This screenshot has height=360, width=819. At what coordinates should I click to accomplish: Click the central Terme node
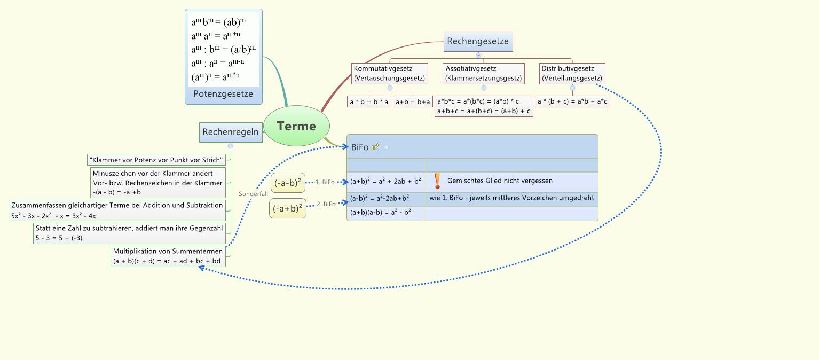coord(296,126)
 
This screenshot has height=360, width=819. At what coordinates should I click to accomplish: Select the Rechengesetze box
coord(478,41)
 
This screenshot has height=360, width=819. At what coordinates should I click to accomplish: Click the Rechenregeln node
coord(231,132)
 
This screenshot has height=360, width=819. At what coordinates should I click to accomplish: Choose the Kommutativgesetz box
coord(389,73)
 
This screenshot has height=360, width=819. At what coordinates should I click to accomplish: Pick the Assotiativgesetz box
coord(484,73)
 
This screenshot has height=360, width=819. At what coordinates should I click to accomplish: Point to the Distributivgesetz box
coord(572,73)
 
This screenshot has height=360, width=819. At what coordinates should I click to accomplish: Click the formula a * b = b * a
coord(369,101)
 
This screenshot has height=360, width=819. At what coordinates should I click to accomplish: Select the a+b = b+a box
coord(413,101)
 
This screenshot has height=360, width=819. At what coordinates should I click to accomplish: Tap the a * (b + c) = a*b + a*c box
coord(572,101)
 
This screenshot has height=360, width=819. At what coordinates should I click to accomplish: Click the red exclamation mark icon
coord(437,181)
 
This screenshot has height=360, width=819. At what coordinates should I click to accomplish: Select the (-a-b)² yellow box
coord(288,183)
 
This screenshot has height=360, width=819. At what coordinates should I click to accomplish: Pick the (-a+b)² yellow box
coord(288,208)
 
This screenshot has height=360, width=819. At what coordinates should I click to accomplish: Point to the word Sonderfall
coord(253,194)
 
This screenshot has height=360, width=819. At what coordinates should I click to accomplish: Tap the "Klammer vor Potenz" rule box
coord(157,159)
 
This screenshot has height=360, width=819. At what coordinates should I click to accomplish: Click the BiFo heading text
coord(359,147)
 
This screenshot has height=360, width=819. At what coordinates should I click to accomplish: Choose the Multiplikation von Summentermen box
coord(168,256)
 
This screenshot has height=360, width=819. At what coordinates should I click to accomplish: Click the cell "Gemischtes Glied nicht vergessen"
coord(500,181)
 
